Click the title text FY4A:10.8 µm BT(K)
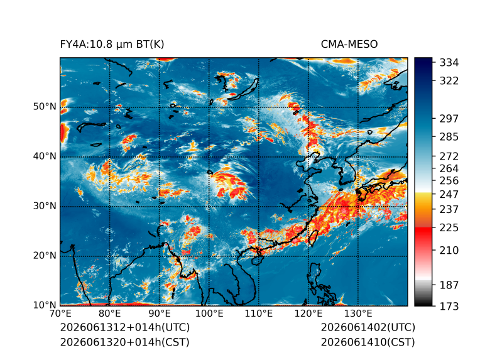click(x=112, y=45)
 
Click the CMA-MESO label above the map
click(x=349, y=45)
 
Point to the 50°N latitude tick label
click(x=45, y=107)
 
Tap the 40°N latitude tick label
click(x=45, y=156)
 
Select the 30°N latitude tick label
click(x=45, y=206)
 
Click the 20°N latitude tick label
click(x=45, y=256)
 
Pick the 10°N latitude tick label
click(x=45, y=305)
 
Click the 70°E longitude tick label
click(x=60, y=314)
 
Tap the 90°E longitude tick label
click(x=159, y=314)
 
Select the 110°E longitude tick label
click(x=259, y=314)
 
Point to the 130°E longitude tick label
click(x=358, y=314)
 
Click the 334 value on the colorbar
click(x=449, y=63)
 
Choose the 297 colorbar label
click(x=449, y=119)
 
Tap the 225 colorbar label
click(x=449, y=228)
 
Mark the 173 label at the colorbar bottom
click(x=449, y=307)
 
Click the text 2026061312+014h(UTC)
click(x=125, y=327)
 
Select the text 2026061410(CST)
click(x=368, y=342)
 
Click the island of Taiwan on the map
click(x=313, y=238)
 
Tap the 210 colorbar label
click(x=449, y=251)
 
